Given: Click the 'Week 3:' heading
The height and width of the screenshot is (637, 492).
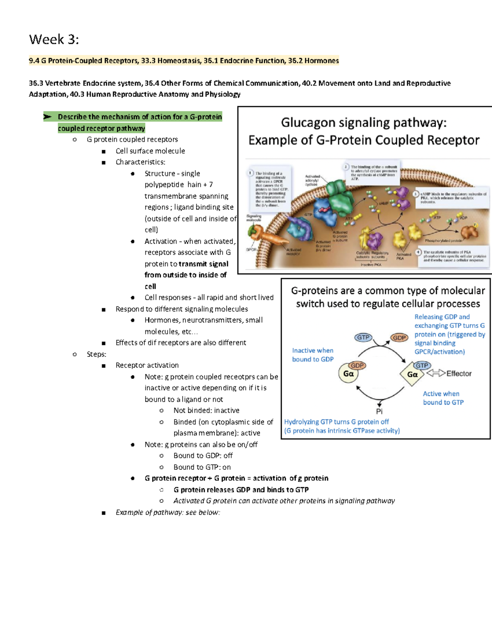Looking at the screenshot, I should [54, 40].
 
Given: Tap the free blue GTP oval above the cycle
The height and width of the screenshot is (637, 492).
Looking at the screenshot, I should [363, 338].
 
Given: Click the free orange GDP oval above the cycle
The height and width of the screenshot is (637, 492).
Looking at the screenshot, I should [399, 338].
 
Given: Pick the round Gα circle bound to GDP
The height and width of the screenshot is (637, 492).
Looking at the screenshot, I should [348, 374].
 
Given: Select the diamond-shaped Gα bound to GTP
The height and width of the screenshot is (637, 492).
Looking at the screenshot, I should [412, 374].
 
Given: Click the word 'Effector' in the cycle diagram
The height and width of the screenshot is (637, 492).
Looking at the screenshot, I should [459, 374].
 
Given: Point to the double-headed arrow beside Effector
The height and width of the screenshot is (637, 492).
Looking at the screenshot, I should [436, 373].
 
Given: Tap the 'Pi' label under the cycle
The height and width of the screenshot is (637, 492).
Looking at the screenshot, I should [379, 411].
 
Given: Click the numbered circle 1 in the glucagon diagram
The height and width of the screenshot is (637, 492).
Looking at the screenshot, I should [251, 173].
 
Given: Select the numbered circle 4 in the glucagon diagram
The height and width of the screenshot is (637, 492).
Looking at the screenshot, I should [418, 252].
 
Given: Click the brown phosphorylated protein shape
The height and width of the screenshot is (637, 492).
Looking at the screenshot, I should [469, 232].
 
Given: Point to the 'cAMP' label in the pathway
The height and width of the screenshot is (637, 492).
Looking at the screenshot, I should [383, 203].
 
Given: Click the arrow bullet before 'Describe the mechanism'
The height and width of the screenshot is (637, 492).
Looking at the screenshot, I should [48, 117].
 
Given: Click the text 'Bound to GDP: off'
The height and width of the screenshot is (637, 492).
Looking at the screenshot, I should [203, 456].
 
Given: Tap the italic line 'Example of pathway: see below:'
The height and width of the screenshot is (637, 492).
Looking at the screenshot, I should [168, 512].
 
